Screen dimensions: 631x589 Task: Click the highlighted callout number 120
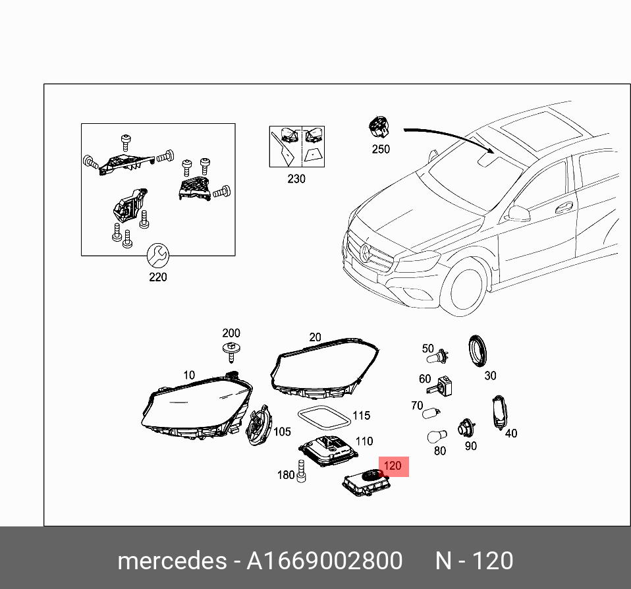coord(393,466)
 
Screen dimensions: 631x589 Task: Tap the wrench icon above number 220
coord(157,254)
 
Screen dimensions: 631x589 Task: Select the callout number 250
coord(381,149)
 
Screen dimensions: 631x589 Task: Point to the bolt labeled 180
coord(301,472)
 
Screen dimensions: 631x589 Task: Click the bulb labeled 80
coord(435,436)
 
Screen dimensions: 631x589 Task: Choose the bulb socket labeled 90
coord(468,428)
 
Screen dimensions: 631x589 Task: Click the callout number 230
coord(296,179)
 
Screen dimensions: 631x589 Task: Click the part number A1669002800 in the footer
coord(324,561)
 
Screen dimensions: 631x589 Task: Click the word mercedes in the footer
coord(171,561)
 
